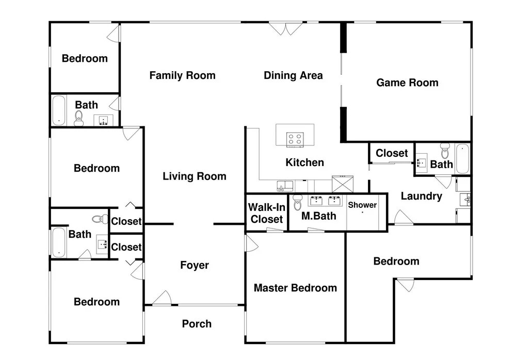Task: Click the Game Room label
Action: pyautogui.click(x=407, y=83)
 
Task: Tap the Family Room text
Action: pyautogui.click(x=182, y=76)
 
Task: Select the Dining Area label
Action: pyautogui.click(x=293, y=75)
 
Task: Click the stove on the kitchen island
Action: pyautogui.click(x=295, y=139)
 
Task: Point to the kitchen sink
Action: pyautogui.click(x=285, y=186)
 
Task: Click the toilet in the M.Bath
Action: pyautogui.click(x=298, y=202)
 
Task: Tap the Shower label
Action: pyautogui.click(x=362, y=205)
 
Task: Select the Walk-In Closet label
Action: pyautogui.click(x=267, y=213)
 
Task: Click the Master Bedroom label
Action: pyautogui.click(x=295, y=288)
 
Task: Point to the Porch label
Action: pyautogui.click(x=197, y=324)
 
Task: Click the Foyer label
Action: pyautogui.click(x=195, y=265)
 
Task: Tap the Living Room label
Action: pyautogui.click(x=195, y=176)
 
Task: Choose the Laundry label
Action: pyautogui.click(x=422, y=197)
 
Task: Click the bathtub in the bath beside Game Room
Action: pyautogui.click(x=462, y=159)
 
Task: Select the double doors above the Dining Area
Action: pyautogui.click(x=286, y=29)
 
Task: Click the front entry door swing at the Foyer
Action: pyautogui.click(x=162, y=298)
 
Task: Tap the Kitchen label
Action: pyautogui.click(x=305, y=162)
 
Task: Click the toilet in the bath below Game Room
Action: pyautogui.click(x=445, y=151)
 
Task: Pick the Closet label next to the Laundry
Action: pyautogui.click(x=392, y=153)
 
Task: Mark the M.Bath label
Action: pyautogui.click(x=318, y=216)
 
